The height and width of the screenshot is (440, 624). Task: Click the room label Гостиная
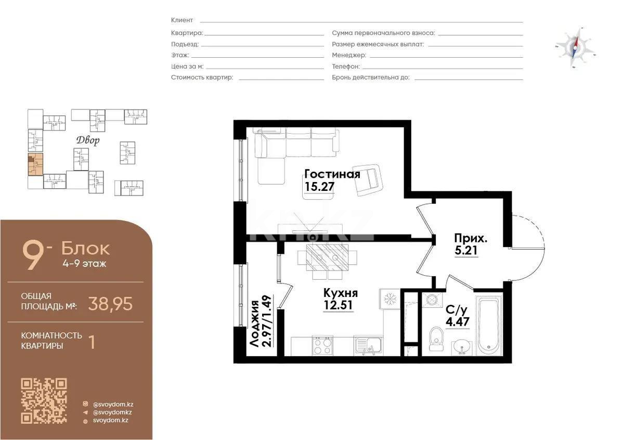tap(332, 174)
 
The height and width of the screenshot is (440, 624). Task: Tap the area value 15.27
tap(319, 187)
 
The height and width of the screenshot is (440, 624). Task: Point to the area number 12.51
tap(339, 305)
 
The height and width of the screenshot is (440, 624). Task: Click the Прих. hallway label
tap(471, 239)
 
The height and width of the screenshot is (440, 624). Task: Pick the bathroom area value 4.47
tap(457, 322)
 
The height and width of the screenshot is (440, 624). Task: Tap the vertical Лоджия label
tap(254, 322)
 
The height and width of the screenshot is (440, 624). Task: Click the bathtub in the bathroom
tap(488, 325)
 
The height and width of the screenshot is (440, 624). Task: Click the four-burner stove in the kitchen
tap(322, 345)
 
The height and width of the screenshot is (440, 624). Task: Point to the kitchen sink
tap(368, 344)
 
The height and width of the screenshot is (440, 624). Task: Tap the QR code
tap(44, 401)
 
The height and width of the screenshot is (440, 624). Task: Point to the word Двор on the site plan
tap(87, 140)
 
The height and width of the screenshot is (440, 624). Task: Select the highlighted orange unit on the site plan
tap(35, 164)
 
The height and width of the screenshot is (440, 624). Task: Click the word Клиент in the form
tap(182, 20)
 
